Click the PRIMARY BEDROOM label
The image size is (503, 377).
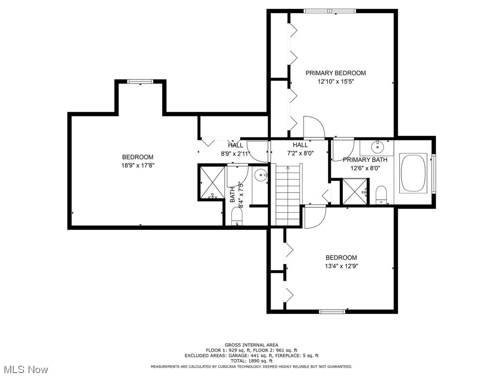(x=335, y=73)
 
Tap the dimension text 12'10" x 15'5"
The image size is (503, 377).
(x=335, y=82)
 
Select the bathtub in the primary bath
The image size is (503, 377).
(x=415, y=173)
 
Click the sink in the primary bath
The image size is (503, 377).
(x=378, y=146)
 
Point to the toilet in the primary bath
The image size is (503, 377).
(x=381, y=195)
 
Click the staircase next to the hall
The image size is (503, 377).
(x=287, y=194)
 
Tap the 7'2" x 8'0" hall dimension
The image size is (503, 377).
(x=300, y=153)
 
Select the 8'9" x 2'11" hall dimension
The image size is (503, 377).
(x=235, y=154)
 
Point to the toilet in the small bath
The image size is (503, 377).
(x=238, y=217)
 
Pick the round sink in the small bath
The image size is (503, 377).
(x=261, y=173)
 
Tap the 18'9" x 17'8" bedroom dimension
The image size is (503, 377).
(x=138, y=165)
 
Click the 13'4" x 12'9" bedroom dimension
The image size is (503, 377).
(x=341, y=267)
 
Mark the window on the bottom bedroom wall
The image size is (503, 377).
(x=333, y=311)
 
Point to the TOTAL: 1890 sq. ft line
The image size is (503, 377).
(x=251, y=360)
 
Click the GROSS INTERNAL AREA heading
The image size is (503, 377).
(x=251, y=345)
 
